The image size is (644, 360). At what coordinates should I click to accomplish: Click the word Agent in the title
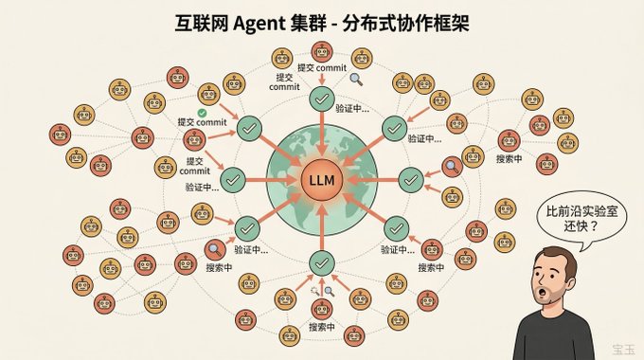pos(259,24)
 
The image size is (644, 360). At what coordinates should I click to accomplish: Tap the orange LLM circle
pos(322,180)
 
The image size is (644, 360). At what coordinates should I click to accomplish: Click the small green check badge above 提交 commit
pos(202,113)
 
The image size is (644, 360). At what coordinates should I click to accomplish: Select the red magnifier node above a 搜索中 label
pos(215,249)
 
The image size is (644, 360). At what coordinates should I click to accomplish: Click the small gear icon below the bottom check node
pos(315,291)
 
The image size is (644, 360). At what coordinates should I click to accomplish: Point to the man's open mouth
pos(543,293)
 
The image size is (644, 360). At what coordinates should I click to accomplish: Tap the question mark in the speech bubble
pos(593,226)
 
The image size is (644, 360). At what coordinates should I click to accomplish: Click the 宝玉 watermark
pos(623,350)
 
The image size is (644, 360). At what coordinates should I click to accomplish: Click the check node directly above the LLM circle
pos(322,99)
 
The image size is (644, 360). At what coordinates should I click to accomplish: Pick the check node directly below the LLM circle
pos(322,263)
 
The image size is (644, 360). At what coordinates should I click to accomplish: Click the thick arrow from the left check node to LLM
pos(272,180)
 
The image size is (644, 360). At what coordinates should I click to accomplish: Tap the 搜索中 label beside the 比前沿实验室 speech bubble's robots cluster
pos(509,158)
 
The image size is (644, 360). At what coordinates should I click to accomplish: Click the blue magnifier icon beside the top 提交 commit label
pos(356,80)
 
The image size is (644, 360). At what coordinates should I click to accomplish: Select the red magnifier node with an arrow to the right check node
pos(452,167)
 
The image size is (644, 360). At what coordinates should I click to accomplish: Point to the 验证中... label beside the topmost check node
pos(352,109)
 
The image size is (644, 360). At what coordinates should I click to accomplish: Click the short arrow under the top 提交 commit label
pos(322,80)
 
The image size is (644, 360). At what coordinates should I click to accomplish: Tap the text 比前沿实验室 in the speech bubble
pos(582,212)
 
